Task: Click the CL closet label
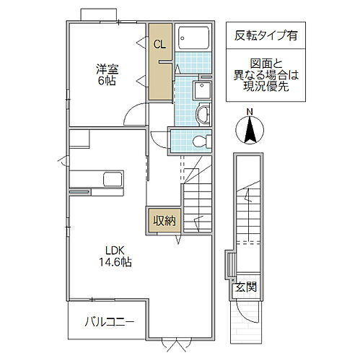click(x=159, y=43)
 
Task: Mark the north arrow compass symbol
click(x=250, y=132)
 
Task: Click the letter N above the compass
click(x=250, y=111)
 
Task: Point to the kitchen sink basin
click(x=113, y=178)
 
